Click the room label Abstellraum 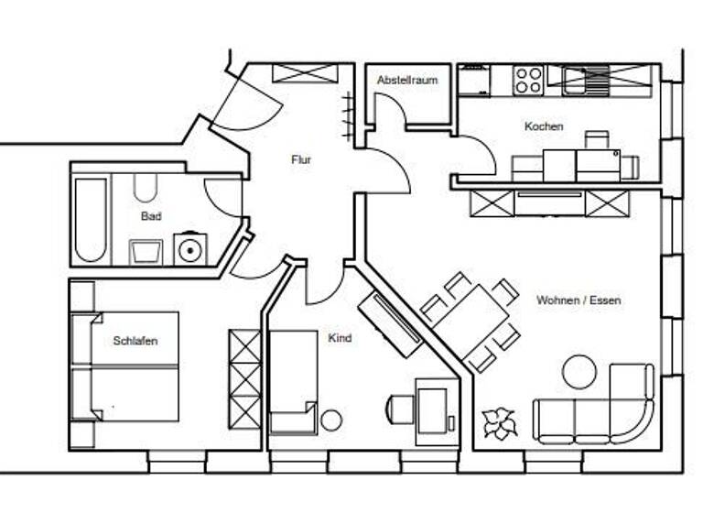coord(407,81)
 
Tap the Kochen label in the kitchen coord(544,126)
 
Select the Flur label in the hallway coord(301,159)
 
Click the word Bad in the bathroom coord(151,216)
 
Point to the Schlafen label coord(135,341)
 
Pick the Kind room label coord(340,338)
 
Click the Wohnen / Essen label coord(579,300)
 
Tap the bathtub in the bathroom coord(91,220)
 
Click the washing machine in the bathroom coord(190,249)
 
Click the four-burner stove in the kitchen coord(528,80)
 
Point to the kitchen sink coord(580,81)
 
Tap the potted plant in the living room coord(500,423)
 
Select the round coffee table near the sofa coord(579,371)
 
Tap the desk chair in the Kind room coord(400,409)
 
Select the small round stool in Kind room coord(331,420)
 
